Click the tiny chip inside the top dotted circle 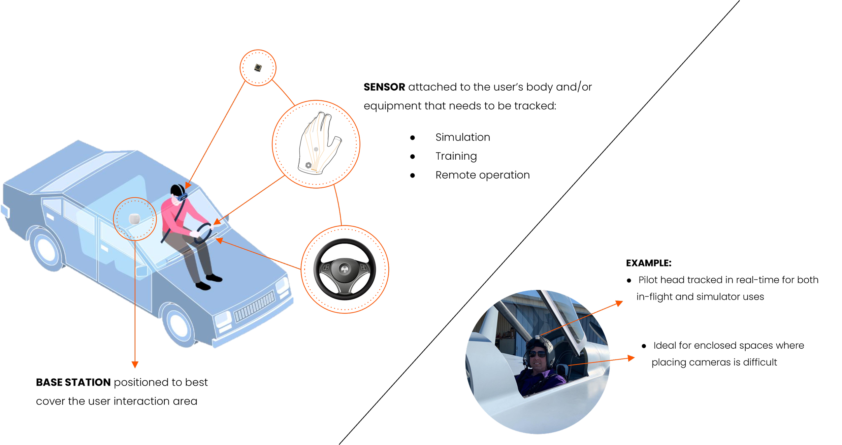258,67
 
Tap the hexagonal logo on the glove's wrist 308,165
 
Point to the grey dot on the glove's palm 316,149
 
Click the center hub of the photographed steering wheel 344,269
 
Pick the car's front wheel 179,323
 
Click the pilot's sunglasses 538,354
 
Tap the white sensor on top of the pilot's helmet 537,337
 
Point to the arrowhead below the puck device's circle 135,365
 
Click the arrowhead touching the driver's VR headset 187,186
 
